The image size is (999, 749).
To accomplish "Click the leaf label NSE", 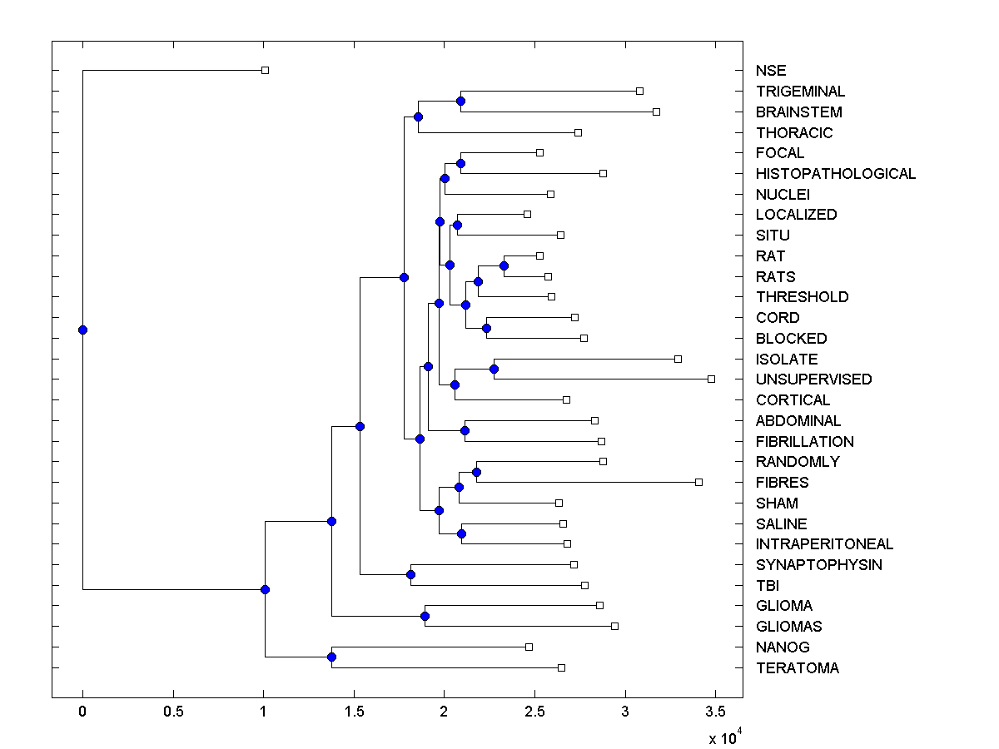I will pyautogui.click(x=770, y=71).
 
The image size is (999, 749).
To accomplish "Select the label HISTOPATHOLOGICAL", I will pyautogui.click(x=835, y=174).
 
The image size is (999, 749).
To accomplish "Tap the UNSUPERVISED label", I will pyautogui.click(x=813, y=379).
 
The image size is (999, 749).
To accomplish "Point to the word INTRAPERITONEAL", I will pyautogui.click(x=824, y=544).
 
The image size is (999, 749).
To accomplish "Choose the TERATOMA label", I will pyautogui.click(x=797, y=668).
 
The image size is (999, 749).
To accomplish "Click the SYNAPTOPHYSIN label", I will pyautogui.click(x=818, y=565).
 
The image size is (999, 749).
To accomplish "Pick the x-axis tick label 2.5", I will pyautogui.click(x=534, y=712).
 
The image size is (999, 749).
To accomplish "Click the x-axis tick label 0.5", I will pyautogui.click(x=173, y=712).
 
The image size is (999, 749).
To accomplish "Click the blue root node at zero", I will pyautogui.click(x=82, y=330).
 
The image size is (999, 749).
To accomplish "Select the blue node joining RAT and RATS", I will pyautogui.click(x=504, y=265).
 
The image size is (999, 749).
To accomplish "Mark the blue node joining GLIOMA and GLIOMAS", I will pyautogui.click(x=425, y=616).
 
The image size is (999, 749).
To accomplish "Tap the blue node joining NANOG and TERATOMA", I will pyautogui.click(x=331, y=657).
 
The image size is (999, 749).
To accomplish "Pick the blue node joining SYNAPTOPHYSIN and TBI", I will pyautogui.click(x=410, y=574).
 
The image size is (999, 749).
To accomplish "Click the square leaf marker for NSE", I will pyautogui.click(x=265, y=71).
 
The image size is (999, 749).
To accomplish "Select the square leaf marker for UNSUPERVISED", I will pyautogui.click(x=711, y=379).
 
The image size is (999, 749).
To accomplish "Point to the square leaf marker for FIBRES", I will pyautogui.click(x=698, y=482).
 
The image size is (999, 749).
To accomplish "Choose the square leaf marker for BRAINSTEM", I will pyautogui.click(x=656, y=112).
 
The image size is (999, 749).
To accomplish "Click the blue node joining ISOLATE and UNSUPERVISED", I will pyautogui.click(x=494, y=369).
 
